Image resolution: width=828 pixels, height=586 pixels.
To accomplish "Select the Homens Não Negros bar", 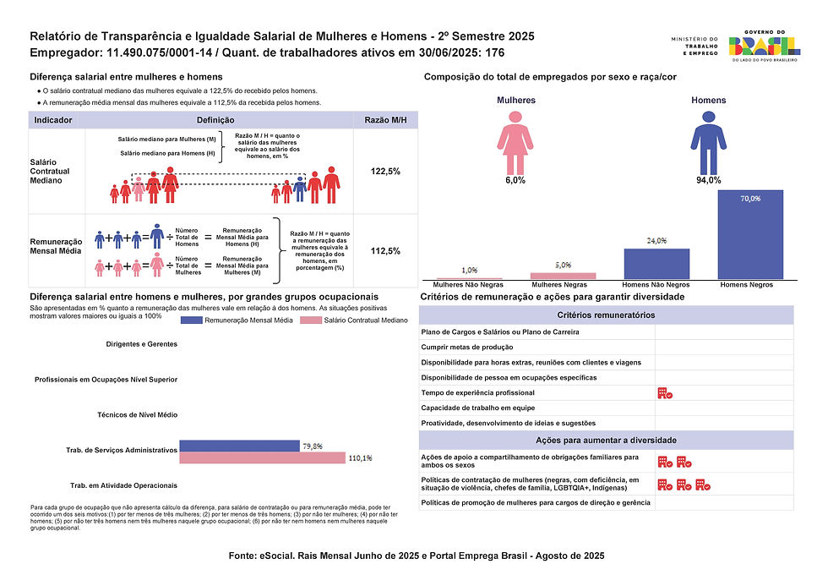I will click(656, 264).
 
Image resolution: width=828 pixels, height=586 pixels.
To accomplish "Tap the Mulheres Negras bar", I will click(563, 276).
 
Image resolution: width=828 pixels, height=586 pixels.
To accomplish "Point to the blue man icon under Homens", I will click(708, 141).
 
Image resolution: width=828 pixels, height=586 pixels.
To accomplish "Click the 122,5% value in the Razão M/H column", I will click(385, 172).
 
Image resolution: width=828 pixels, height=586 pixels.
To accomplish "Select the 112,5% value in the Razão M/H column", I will click(385, 251).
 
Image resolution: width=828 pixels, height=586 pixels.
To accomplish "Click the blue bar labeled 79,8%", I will click(240, 446).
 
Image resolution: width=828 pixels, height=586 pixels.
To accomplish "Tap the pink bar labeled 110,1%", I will click(263, 457).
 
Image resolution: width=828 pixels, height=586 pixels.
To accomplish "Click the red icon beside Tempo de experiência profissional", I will click(664, 393).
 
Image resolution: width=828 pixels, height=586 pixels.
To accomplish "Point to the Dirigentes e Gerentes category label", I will click(142, 344).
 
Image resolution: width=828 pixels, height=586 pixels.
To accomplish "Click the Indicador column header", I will click(52, 120).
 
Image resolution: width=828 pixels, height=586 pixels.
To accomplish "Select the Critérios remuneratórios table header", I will click(607, 315).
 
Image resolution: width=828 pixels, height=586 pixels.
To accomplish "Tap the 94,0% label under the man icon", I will click(708, 180).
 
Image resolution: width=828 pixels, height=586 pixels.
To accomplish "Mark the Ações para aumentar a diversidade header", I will click(607, 441).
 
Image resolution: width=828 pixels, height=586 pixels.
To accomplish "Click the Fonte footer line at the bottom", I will click(417, 556).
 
